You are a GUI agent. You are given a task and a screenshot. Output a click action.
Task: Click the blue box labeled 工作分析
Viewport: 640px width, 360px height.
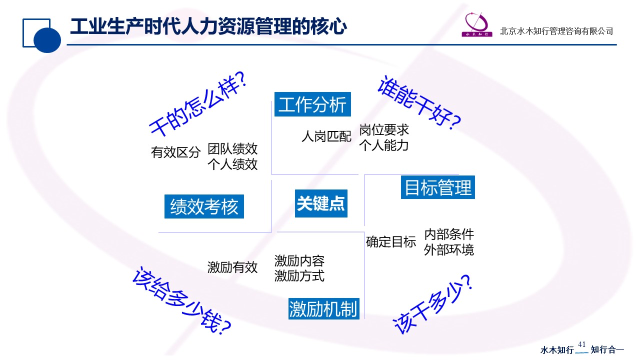312,105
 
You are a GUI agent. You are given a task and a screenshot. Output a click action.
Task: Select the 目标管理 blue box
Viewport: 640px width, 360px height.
438,187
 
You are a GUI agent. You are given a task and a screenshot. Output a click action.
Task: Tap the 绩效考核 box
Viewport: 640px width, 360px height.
204,206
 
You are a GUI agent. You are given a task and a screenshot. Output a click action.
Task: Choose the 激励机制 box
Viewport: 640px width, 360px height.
324,309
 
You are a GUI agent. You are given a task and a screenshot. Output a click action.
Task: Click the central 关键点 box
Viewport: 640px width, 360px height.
321,203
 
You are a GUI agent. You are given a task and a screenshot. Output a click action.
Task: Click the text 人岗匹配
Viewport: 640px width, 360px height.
326,136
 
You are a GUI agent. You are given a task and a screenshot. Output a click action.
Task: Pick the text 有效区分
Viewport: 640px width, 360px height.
175,152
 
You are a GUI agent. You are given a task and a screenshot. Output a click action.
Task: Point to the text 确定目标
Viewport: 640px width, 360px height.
391,242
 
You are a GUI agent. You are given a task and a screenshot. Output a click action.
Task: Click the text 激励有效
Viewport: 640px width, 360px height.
232,267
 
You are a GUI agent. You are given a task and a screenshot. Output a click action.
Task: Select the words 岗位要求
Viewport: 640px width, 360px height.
384,130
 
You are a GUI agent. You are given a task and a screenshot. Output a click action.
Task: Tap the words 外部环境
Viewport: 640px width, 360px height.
449,250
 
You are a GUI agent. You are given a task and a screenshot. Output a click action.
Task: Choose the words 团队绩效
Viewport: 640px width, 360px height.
232,148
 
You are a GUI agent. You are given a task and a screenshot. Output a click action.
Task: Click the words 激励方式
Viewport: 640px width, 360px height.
299,276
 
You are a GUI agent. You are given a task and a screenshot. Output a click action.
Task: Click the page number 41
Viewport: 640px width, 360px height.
581,344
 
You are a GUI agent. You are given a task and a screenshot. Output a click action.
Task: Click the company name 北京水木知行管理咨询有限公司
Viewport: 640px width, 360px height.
556,31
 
